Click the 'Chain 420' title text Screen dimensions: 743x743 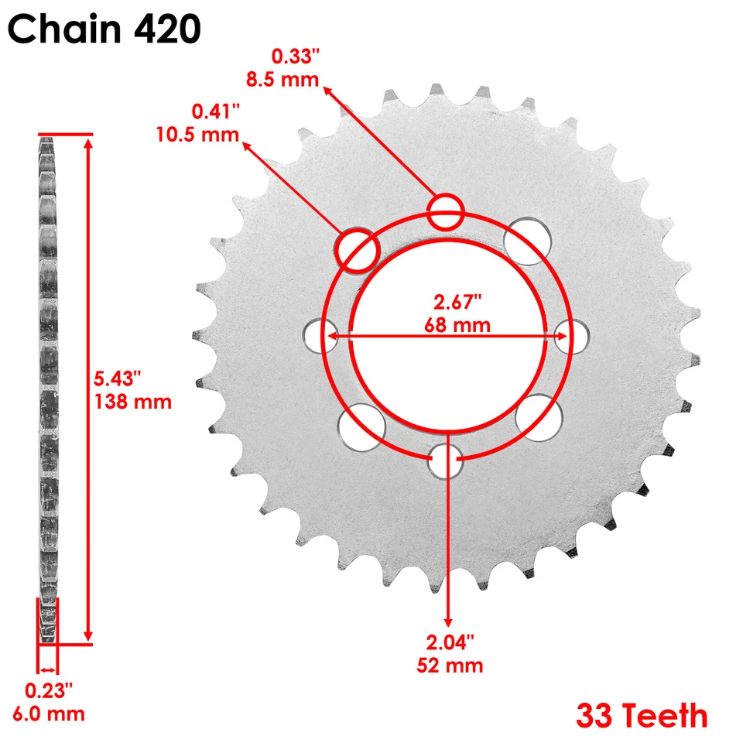coord(104,30)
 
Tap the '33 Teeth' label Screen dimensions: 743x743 coord(641,715)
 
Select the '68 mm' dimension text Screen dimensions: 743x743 coord(457,324)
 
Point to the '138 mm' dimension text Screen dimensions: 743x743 coord(132,402)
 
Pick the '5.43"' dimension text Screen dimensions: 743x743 coord(117,379)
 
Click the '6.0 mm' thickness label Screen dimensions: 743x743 coord(53,713)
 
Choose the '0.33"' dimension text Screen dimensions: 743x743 coord(293,56)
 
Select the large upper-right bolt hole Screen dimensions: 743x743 coord(527,239)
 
